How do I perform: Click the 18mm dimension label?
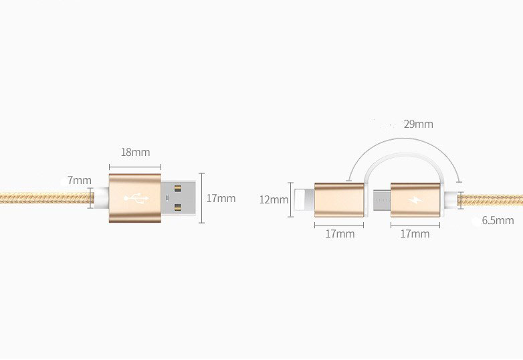tap(135, 152)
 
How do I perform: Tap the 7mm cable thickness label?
tap(80, 180)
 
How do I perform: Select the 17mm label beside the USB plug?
tap(221, 198)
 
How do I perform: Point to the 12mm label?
tap(274, 199)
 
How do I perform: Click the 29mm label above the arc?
tap(418, 124)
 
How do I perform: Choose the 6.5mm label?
tap(498, 220)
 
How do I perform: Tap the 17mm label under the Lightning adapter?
tap(340, 234)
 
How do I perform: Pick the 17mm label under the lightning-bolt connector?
tap(415, 234)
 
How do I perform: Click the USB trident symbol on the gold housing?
tap(136, 199)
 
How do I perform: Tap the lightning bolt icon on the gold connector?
tap(416, 199)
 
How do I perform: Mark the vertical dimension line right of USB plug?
tap(201, 198)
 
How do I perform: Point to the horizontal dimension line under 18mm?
tap(135, 166)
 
